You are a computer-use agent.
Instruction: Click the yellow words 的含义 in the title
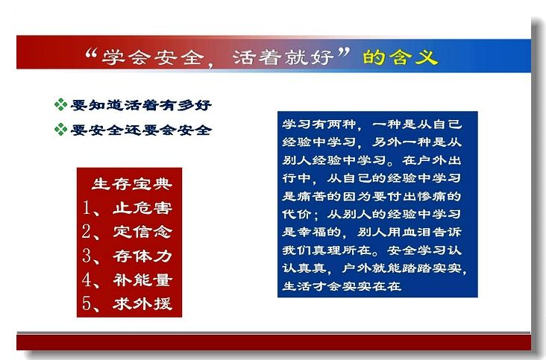[x=400, y=57]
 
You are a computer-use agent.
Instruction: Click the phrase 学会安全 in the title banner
[x=153, y=57]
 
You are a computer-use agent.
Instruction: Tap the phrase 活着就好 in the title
[x=283, y=57]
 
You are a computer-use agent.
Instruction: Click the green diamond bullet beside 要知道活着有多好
[x=60, y=104]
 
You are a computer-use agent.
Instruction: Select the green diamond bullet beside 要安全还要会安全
[x=60, y=130]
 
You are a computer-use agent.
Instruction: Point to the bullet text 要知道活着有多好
[x=141, y=104]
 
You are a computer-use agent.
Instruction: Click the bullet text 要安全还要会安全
[x=141, y=130]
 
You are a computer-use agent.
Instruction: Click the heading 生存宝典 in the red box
[x=132, y=184]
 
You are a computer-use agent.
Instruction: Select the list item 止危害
[x=142, y=208]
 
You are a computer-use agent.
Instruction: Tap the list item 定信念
[x=142, y=232]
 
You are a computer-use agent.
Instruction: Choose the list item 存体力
[x=142, y=256]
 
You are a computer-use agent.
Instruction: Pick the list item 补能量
[x=142, y=280]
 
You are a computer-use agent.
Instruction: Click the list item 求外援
[x=142, y=303]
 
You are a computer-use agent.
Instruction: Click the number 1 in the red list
[x=87, y=208]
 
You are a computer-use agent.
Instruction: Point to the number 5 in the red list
[x=87, y=303]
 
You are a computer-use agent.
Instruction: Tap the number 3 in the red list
[x=87, y=256]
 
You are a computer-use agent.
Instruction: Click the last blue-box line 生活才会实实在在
[x=342, y=286]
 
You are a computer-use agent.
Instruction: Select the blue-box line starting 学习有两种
[x=372, y=124]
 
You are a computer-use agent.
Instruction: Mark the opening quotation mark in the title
[x=91, y=54]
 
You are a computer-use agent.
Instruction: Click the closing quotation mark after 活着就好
[x=344, y=53]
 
